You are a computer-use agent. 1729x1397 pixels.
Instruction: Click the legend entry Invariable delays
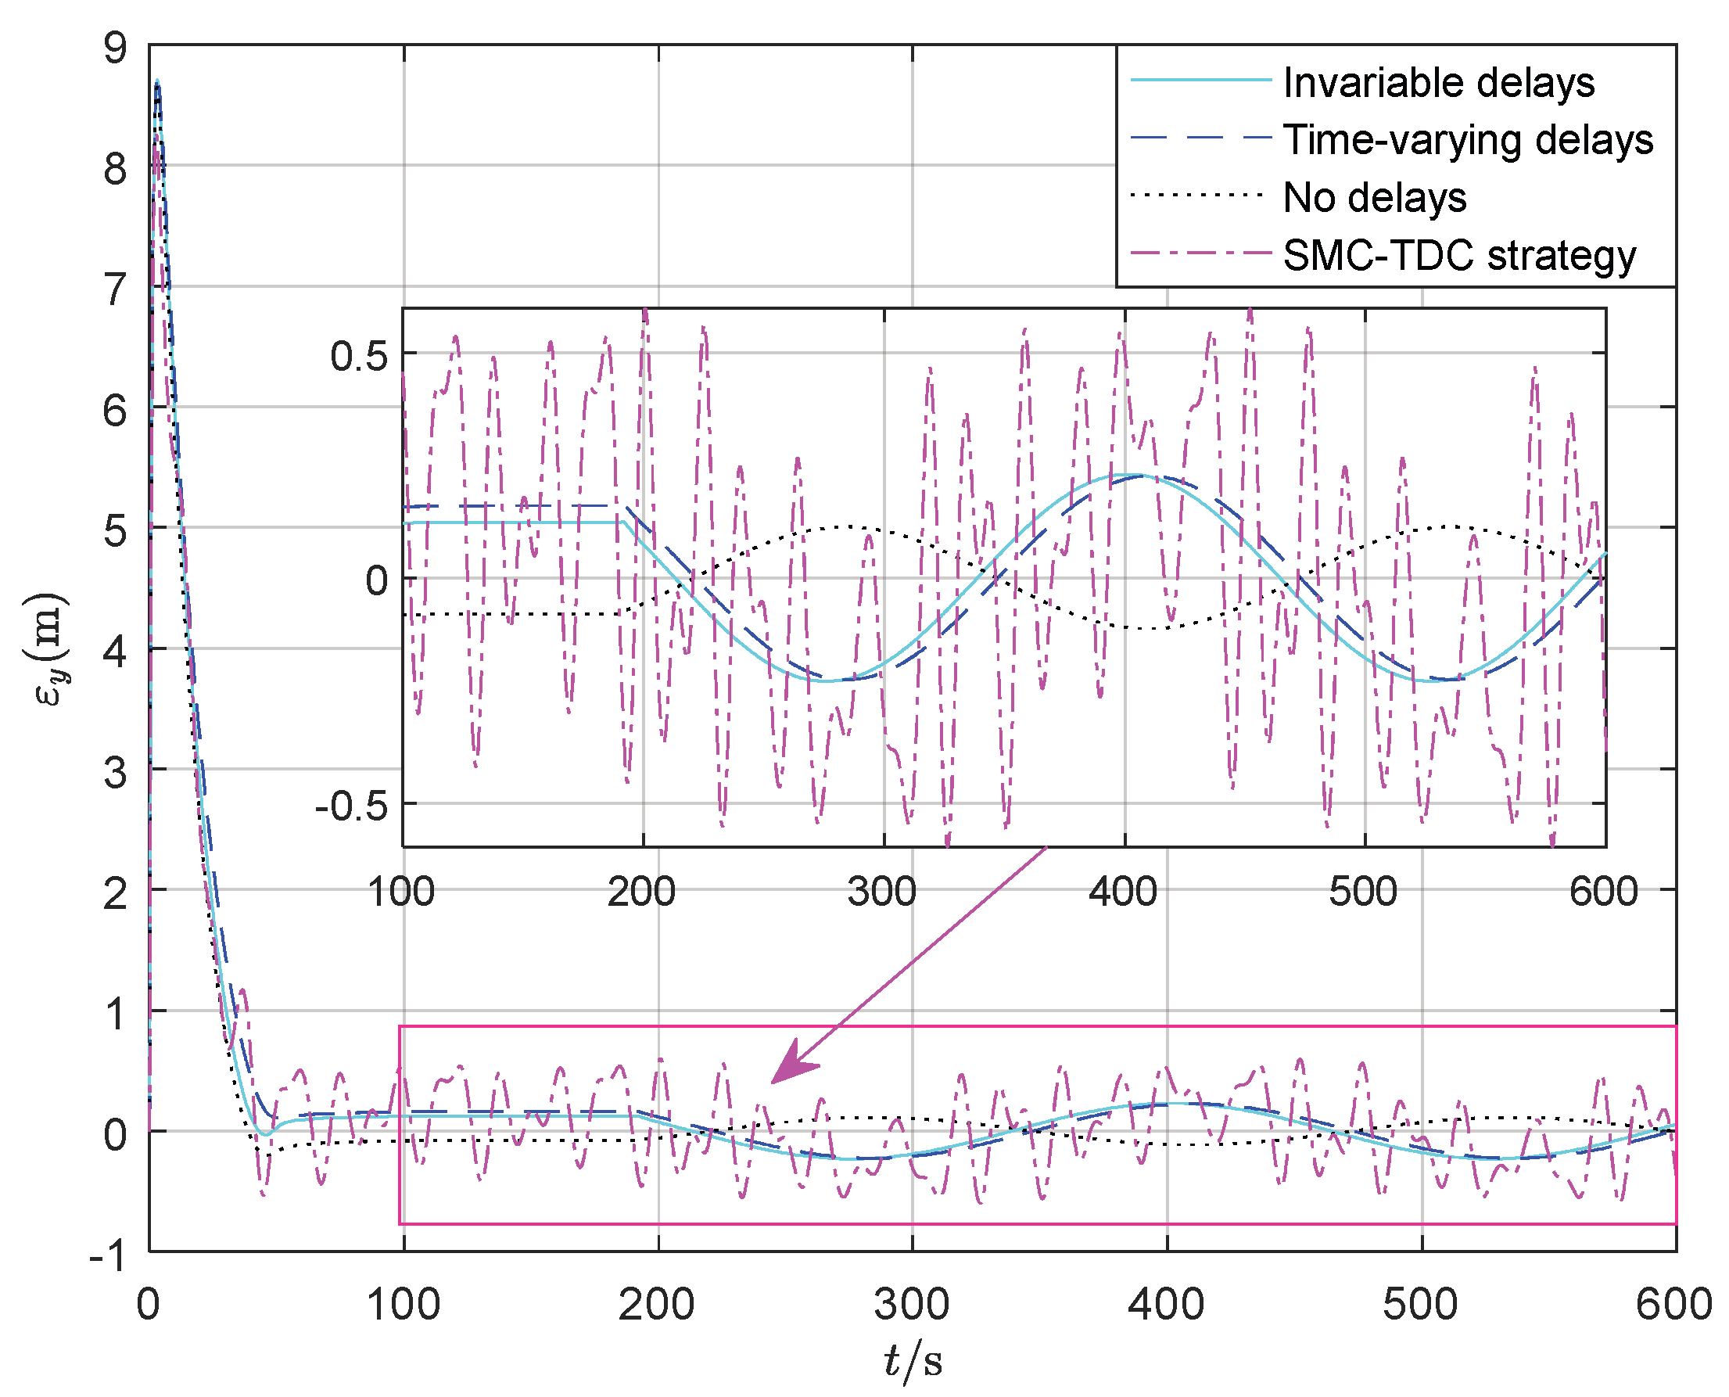[x=1439, y=83]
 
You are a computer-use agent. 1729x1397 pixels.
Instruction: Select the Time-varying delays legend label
[x=1468, y=140]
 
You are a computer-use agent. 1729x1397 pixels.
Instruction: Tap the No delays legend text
[x=1374, y=198]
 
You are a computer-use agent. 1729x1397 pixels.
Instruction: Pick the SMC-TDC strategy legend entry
[x=1459, y=256]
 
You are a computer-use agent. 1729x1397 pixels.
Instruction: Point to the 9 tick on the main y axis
[x=115, y=48]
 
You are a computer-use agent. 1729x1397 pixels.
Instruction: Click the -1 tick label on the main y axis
[x=107, y=1256]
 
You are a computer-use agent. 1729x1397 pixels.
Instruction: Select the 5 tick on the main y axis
[x=115, y=532]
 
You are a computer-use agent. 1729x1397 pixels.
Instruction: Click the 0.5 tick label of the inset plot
[x=359, y=356]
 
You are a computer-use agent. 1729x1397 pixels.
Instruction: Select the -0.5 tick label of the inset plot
[x=352, y=806]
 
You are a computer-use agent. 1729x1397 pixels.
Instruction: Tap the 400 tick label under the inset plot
[x=1123, y=892]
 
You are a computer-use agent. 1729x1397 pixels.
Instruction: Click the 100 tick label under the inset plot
[x=401, y=892]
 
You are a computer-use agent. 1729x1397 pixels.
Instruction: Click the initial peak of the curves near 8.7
[x=158, y=83]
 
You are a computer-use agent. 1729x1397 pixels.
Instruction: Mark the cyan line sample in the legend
[x=1200, y=80]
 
